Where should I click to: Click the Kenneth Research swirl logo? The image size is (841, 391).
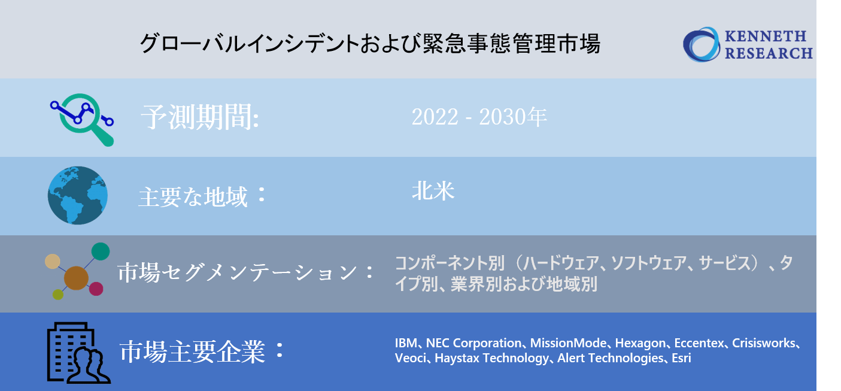coord(702,44)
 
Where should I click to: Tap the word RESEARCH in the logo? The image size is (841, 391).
coord(769,53)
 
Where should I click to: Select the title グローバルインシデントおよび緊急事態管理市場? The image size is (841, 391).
coord(370,44)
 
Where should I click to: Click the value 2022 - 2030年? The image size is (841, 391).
coord(479,117)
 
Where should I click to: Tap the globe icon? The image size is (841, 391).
coord(78,195)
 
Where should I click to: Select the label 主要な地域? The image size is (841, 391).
coord(193,196)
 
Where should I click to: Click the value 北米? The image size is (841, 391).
coord(433,191)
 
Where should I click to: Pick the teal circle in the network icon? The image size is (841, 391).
coord(101,251)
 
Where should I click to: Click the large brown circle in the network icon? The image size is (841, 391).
coord(76,278)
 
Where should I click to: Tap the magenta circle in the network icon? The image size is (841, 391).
coord(96,289)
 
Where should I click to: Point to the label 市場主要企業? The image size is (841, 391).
coord(192,352)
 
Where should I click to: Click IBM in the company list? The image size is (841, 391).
coord(406,344)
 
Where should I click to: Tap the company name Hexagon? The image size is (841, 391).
coord(640,344)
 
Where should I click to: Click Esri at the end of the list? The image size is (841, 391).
coord(682,359)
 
